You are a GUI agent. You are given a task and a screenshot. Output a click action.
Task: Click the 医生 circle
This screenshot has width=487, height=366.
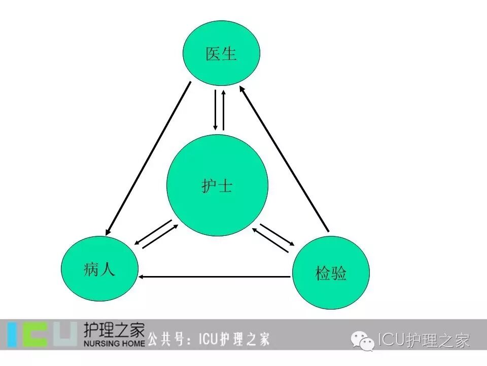(221, 53)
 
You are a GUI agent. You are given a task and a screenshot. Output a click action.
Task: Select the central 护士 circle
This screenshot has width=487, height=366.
(217, 186)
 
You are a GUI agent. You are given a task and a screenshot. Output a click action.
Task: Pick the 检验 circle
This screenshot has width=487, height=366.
(331, 272)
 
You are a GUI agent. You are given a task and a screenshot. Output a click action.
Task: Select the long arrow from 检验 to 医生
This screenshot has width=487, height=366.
(286, 160)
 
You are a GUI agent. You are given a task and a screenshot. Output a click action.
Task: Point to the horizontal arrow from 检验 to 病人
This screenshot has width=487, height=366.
(216, 277)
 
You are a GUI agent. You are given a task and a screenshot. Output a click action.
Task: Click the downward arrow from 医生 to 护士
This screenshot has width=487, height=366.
(215, 110)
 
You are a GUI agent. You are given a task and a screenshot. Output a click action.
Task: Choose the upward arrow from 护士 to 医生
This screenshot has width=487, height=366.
(223, 110)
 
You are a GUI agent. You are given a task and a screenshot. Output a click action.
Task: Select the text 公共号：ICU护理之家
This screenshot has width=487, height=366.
(208, 339)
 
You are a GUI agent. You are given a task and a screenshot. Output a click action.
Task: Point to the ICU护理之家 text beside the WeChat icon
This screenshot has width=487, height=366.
(424, 340)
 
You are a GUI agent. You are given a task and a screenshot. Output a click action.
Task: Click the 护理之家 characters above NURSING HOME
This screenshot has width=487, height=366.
(114, 329)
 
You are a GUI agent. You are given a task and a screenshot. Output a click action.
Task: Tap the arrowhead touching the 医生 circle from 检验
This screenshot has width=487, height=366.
(242, 89)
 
